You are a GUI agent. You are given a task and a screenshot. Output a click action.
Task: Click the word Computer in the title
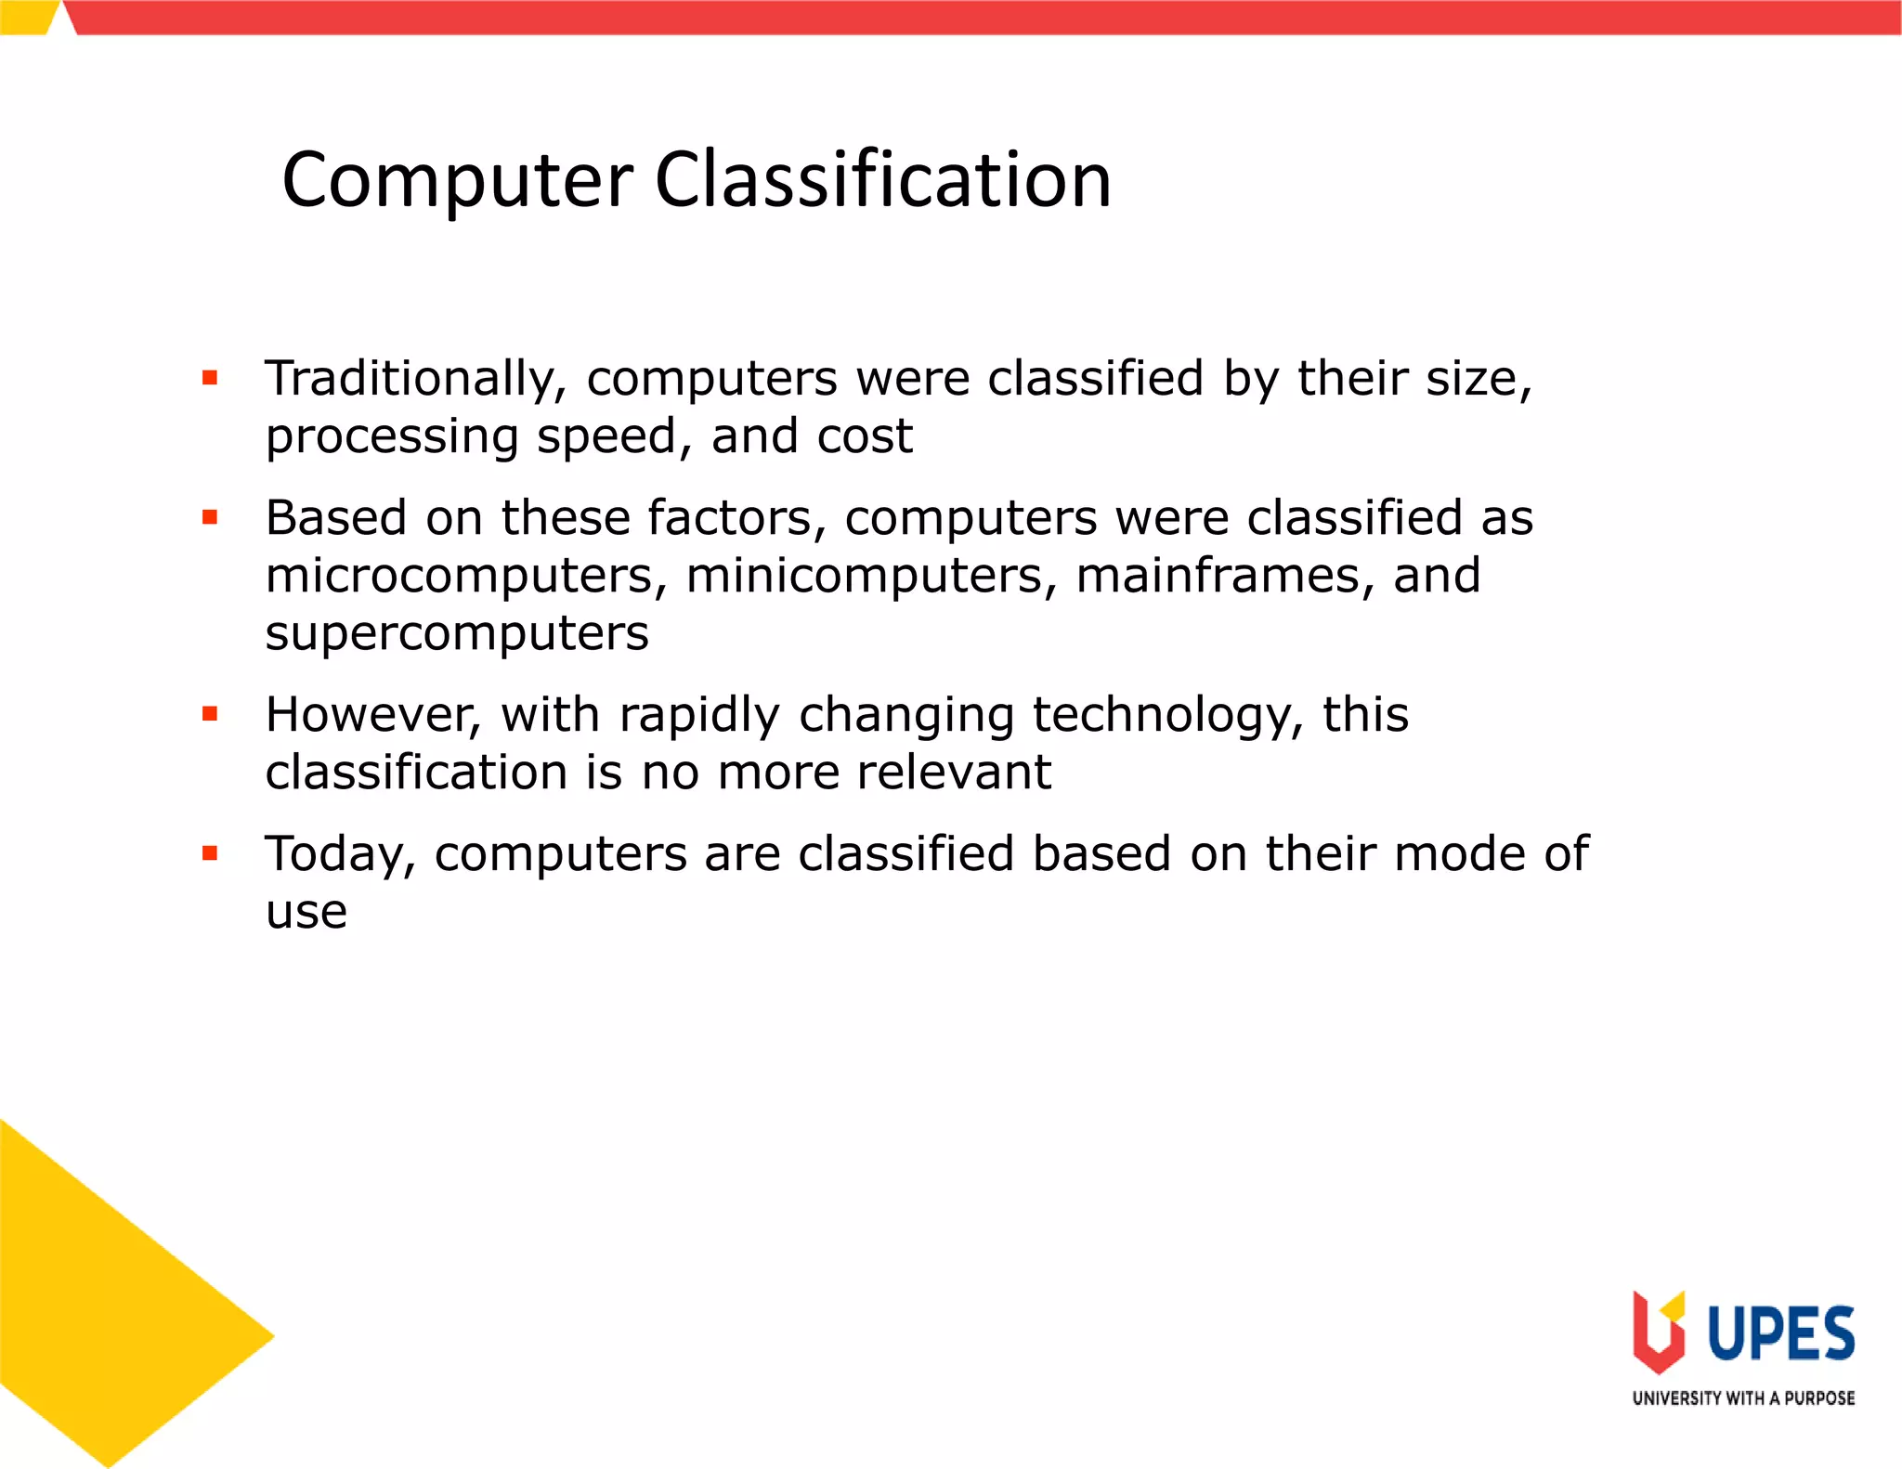point(457,181)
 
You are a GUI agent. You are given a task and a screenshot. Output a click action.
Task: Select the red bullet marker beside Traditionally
point(210,378)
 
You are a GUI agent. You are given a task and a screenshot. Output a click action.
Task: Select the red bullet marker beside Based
point(210,517)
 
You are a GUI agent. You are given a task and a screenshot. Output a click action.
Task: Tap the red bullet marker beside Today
point(210,853)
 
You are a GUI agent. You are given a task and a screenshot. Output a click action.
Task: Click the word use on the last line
point(306,912)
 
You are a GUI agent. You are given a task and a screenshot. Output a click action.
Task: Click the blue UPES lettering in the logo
point(1781,1333)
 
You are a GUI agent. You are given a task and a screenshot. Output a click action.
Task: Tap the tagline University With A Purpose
point(1743,1398)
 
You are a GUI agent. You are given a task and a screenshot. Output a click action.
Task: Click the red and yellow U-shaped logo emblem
point(1659,1332)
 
